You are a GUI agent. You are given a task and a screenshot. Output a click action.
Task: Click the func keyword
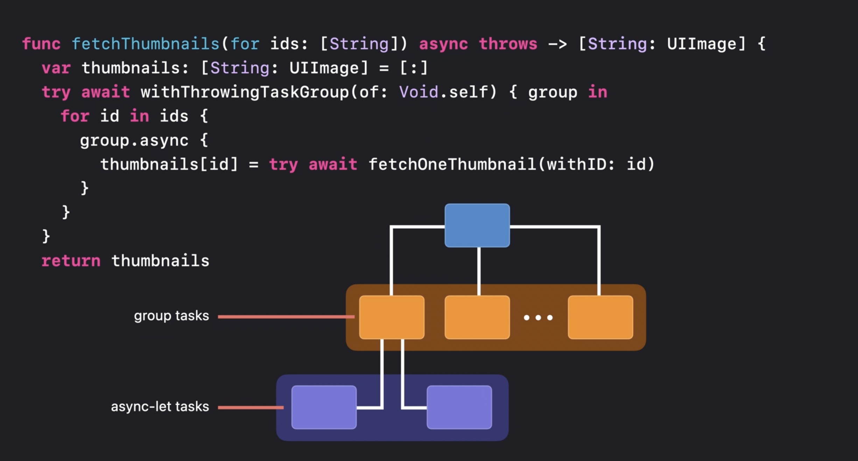click(x=41, y=44)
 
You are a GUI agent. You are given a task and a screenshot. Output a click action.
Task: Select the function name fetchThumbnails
click(x=145, y=44)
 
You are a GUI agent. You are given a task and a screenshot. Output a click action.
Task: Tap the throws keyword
click(x=508, y=44)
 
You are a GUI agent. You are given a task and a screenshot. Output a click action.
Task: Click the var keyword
click(x=56, y=68)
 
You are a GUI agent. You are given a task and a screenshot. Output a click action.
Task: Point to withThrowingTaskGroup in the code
click(x=245, y=92)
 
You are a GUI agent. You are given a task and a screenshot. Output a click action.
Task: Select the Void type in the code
click(x=419, y=92)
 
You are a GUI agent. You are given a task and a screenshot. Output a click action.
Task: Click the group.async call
click(x=134, y=141)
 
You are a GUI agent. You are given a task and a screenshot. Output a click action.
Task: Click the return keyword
click(x=71, y=261)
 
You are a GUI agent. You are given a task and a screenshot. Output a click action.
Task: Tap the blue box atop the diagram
click(x=477, y=226)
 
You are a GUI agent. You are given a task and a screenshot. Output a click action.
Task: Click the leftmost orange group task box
click(x=392, y=317)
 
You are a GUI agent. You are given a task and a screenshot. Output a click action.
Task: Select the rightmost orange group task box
click(x=600, y=317)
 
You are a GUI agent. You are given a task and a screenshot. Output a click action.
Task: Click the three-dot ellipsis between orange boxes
click(x=538, y=318)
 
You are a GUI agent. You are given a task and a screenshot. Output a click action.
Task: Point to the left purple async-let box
click(x=324, y=407)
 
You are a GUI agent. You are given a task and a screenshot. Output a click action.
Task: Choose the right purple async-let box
click(x=459, y=407)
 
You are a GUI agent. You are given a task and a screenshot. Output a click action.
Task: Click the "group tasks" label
click(x=171, y=316)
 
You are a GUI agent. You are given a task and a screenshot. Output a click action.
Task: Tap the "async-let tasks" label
click(x=160, y=407)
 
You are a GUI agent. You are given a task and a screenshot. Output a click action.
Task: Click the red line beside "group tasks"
click(x=286, y=317)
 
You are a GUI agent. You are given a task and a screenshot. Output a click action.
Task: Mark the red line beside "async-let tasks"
click(x=251, y=407)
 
